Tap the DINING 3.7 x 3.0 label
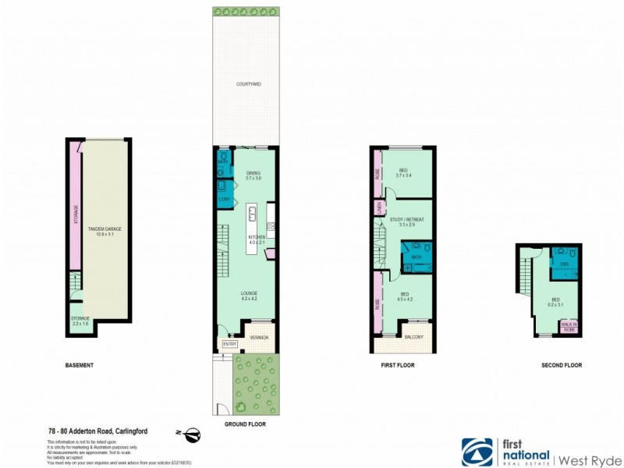[253, 175]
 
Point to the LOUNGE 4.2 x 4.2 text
[249, 296]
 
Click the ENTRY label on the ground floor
[229, 343]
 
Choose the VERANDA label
[258, 337]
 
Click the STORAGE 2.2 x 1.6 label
[80, 321]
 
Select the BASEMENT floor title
[80, 365]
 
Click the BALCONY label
[413, 337]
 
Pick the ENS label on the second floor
[563, 265]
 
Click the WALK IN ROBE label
[569, 326]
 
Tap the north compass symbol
[190, 434]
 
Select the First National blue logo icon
[477, 452]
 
